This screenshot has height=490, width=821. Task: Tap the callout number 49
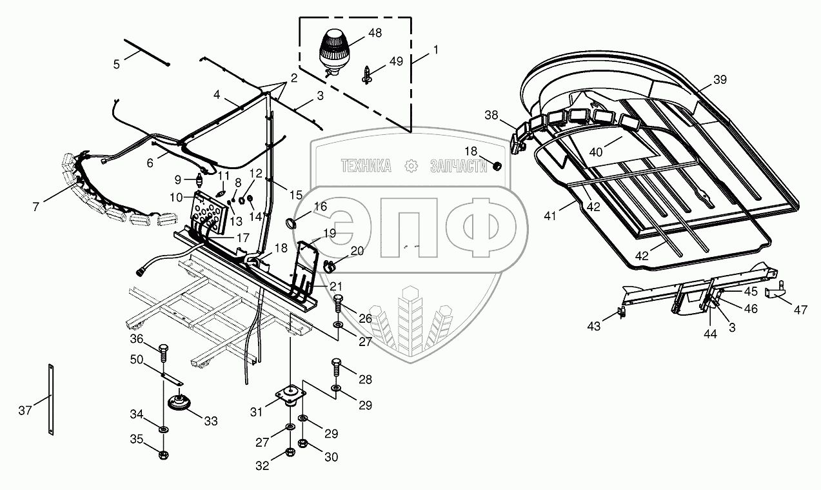pyautogui.click(x=395, y=61)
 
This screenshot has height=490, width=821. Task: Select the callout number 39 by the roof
pyautogui.click(x=720, y=79)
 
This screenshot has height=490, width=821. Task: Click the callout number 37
pyautogui.click(x=25, y=411)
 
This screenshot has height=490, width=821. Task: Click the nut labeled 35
pyautogui.click(x=163, y=454)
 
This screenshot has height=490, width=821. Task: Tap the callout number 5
pyautogui.click(x=116, y=64)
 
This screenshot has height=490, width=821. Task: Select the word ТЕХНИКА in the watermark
pyautogui.click(x=366, y=166)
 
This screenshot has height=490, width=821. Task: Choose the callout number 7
pyautogui.click(x=36, y=207)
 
